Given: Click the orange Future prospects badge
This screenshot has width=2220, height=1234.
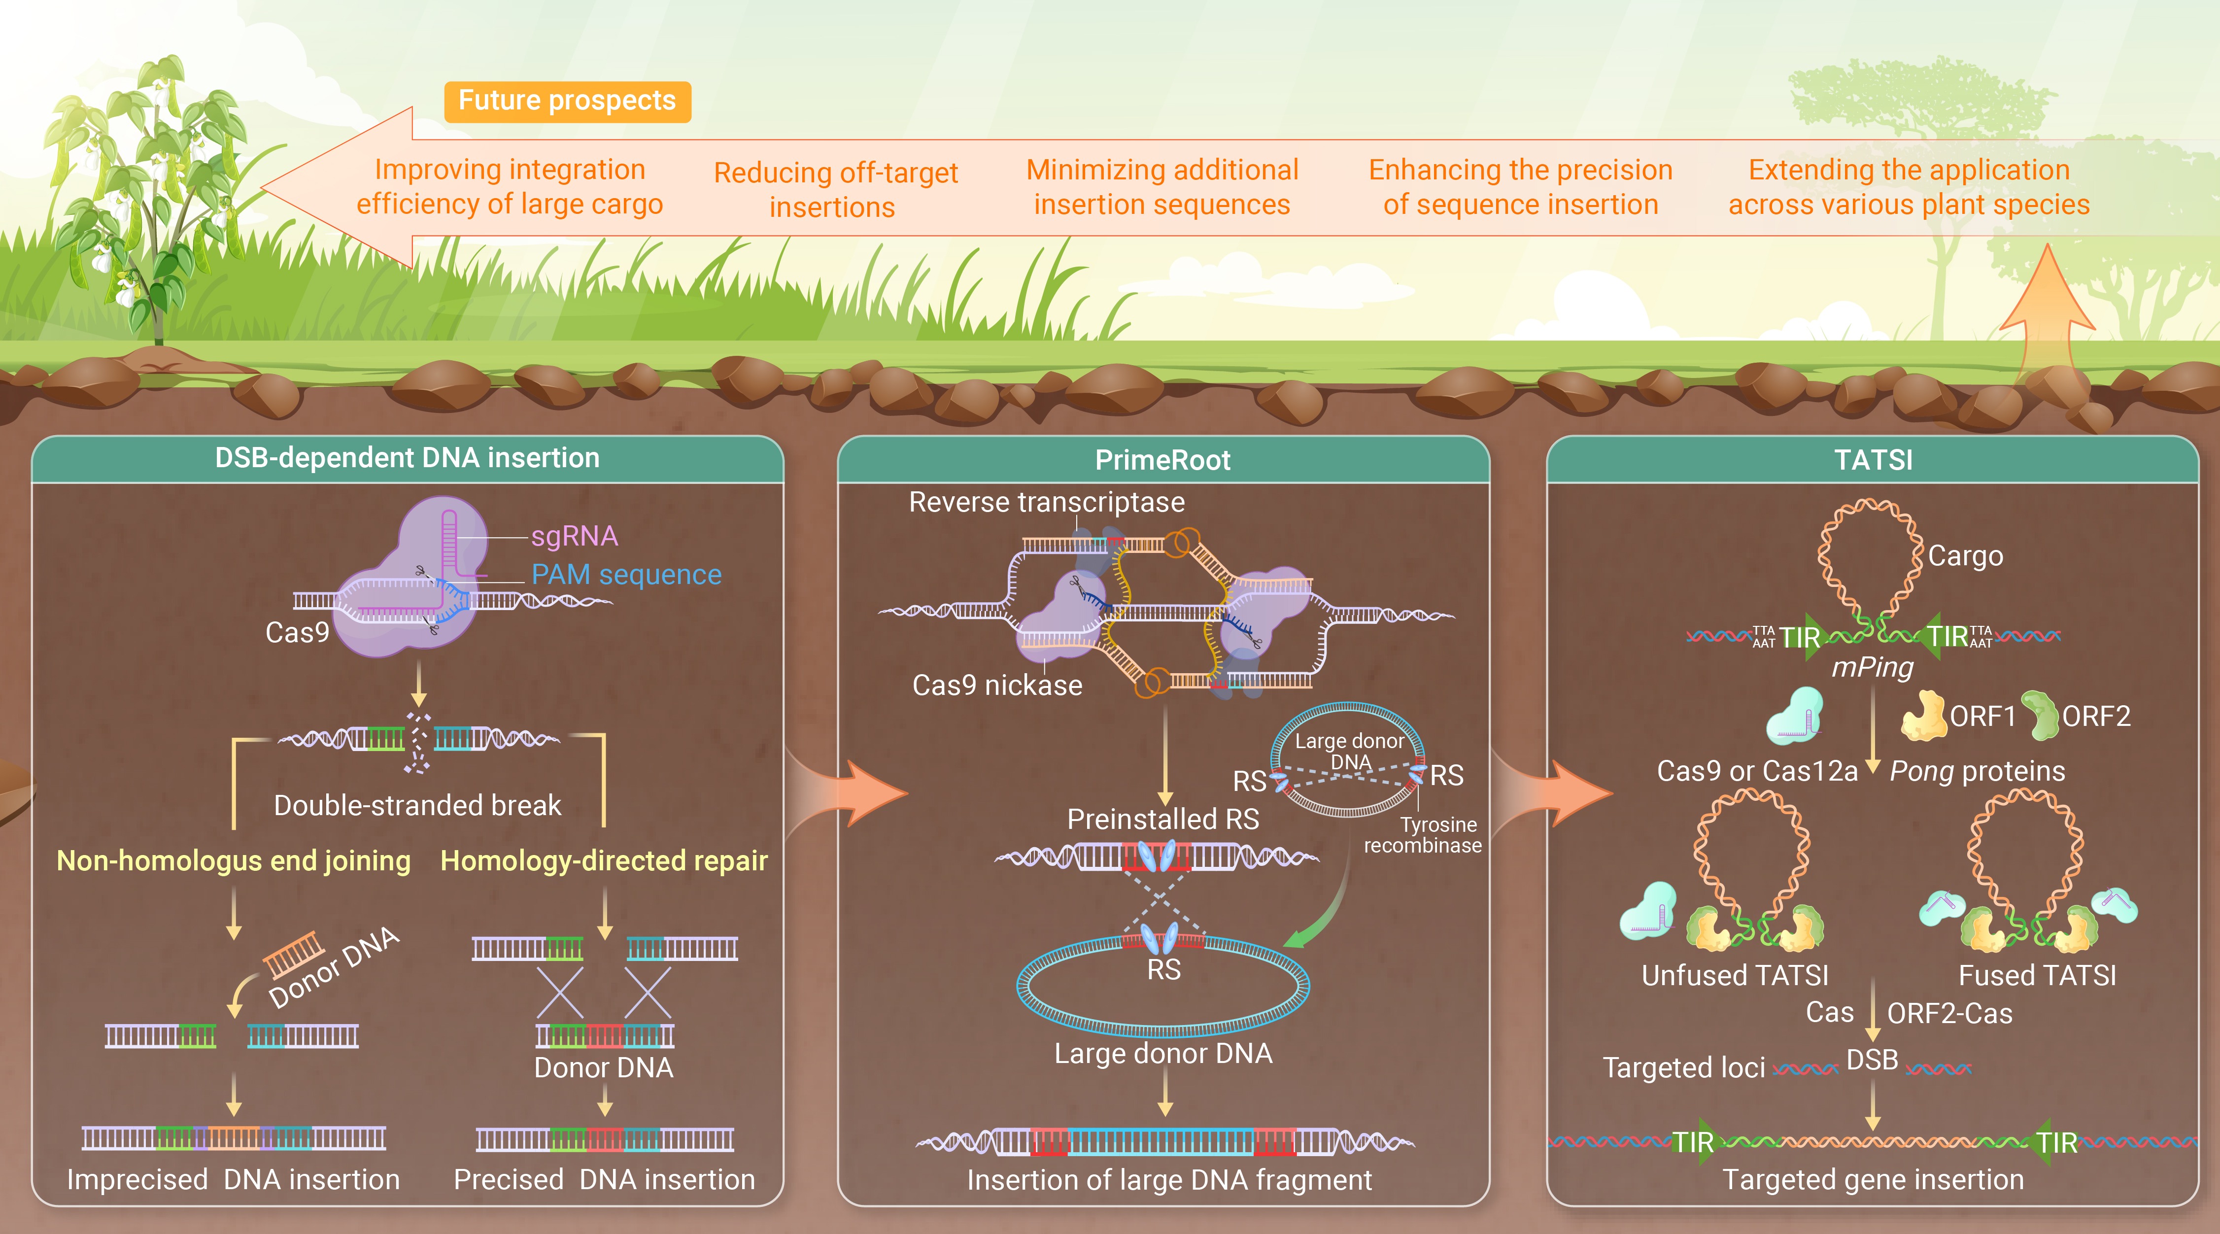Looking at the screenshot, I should (567, 102).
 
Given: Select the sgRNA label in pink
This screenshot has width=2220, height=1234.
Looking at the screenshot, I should (574, 536).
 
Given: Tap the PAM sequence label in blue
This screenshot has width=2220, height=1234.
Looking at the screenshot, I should (626, 574).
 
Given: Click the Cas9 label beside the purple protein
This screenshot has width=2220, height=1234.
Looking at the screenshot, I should (297, 632).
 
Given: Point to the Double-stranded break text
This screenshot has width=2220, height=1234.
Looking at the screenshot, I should (417, 805).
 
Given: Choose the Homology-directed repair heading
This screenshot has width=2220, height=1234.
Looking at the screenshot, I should (603, 860).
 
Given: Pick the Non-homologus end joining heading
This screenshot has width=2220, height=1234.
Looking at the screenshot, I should (234, 860).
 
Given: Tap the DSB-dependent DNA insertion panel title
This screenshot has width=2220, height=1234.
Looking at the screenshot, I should (407, 458).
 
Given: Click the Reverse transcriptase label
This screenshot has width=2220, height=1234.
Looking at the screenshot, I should (1046, 502).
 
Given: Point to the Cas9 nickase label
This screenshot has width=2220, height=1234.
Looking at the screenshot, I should (997, 685).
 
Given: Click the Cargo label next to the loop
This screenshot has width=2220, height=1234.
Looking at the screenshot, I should (1965, 556).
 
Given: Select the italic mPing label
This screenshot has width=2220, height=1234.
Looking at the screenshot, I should (1872, 667).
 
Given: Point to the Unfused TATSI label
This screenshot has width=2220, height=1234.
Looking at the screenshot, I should (1734, 975).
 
